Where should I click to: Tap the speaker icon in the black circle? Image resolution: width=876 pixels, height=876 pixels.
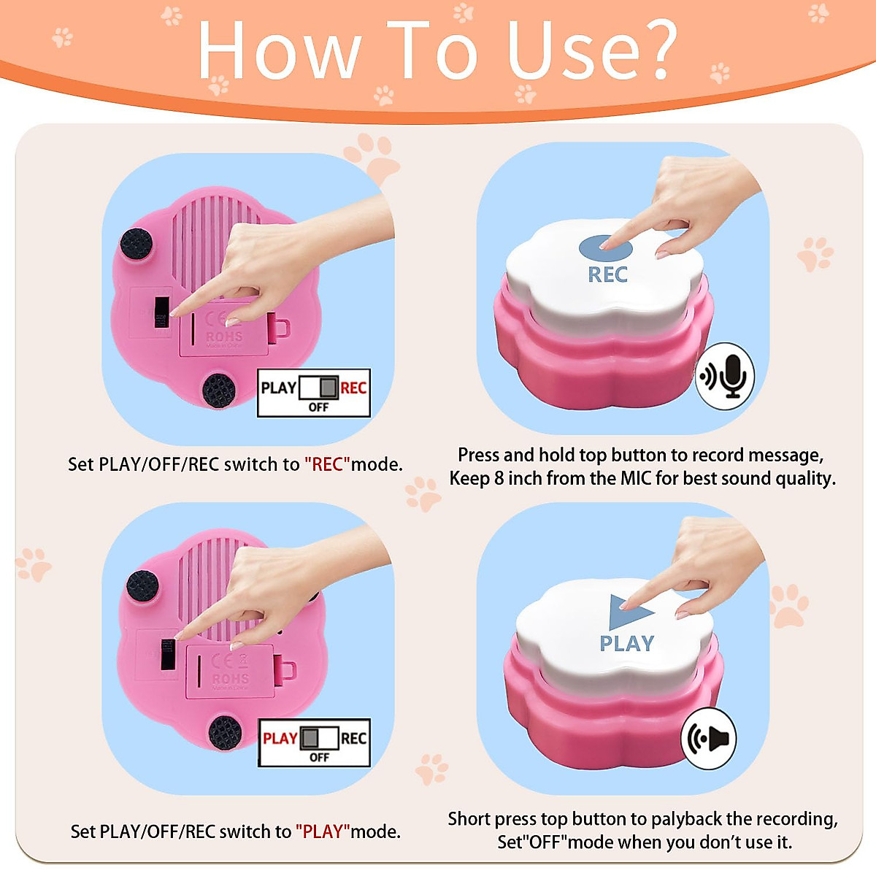[x=710, y=739]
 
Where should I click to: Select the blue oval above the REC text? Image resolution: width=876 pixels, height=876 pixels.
[x=605, y=247]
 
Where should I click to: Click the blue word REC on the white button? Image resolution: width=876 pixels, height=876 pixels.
[x=607, y=274]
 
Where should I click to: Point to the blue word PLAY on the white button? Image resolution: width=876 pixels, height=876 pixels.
[x=626, y=643]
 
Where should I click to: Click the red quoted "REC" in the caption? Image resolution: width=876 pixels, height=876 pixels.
[x=327, y=464]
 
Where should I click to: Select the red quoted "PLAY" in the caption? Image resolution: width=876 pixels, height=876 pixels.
[x=323, y=831]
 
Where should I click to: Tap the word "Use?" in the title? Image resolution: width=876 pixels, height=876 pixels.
[x=591, y=50]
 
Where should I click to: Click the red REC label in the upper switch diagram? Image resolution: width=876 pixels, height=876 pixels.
[x=353, y=388]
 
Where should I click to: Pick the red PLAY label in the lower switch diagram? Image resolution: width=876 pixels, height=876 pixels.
[x=280, y=738]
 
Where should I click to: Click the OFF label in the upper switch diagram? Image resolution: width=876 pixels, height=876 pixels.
[x=318, y=407]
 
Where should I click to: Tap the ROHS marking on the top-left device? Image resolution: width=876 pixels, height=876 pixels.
[x=224, y=337]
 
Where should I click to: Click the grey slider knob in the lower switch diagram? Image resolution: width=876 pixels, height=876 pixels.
[x=310, y=737]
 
